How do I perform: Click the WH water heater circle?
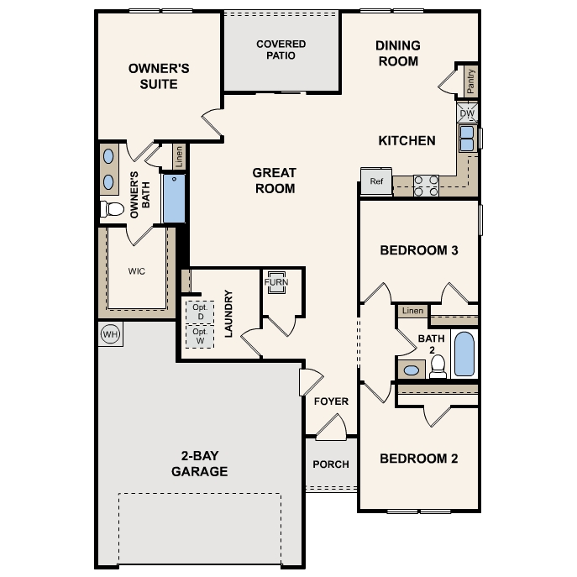[110, 334]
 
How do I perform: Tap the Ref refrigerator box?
[376, 181]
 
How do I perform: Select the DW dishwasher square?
[467, 113]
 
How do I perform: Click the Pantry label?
[470, 81]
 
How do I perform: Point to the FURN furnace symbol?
[276, 282]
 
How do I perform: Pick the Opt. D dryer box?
[200, 312]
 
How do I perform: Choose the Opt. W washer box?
[200, 336]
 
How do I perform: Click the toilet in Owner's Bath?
[113, 209]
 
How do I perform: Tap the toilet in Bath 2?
[438, 366]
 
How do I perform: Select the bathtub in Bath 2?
[464, 354]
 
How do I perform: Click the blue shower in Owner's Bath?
[174, 198]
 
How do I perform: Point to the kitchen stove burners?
[426, 186]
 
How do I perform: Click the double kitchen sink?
[467, 139]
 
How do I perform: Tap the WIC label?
[137, 271]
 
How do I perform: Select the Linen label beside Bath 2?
[412, 311]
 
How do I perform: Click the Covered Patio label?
[281, 50]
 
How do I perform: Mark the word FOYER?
[331, 401]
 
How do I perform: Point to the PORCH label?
[331, 464]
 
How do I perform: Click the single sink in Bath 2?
[412, 370]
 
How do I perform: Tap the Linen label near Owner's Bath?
[179, 157]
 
